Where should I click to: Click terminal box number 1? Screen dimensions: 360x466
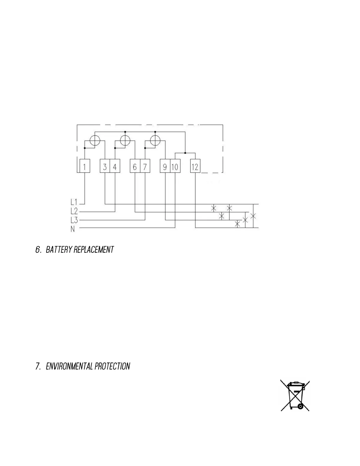pos(85,167)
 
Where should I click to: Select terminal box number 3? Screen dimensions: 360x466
pos(105,167)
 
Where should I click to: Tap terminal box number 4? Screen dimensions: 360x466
pos(115,167)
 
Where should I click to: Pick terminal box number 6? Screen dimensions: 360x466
pos(135,167)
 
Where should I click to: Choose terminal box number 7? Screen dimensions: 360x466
pos(145,167)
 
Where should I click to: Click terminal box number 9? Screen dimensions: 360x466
pos(165,167)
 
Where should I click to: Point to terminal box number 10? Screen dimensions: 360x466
pos(175,167)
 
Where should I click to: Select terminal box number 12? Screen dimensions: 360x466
pos(195,167)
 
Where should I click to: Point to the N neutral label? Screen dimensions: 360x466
pos(73,229)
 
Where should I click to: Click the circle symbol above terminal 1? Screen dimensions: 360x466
pos(95,140)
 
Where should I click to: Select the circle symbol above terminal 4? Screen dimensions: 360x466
pos(125,140)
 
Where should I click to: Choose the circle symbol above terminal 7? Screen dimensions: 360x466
pos(155,140)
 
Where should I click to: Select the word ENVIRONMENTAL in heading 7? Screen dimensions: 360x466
pos(69,367)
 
